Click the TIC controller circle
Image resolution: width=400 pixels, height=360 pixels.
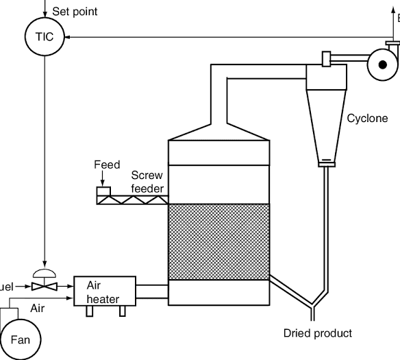[x=44, y=36]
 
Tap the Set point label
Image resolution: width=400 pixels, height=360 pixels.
[x=75, y=11]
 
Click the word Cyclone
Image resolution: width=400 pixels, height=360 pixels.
[x=367, y=119]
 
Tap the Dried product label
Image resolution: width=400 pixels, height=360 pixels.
[x=318, y=333]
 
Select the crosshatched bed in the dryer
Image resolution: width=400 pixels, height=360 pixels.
[x=217, y=241]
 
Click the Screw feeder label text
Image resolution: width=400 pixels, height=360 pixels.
[x=147, y=182]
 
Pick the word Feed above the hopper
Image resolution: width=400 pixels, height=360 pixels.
[x=107, y=165]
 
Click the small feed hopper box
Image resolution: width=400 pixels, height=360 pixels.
[x=104, y=191]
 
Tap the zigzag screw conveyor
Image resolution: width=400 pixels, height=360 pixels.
[x=132, y=201]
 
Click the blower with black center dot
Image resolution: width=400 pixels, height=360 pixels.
[x=382, y=64]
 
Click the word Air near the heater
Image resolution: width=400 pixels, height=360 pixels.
[x=38, y=309]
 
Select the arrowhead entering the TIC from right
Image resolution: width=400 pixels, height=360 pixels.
[x=70, y=37]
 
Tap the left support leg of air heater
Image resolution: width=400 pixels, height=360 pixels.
[x=89, y=311]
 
